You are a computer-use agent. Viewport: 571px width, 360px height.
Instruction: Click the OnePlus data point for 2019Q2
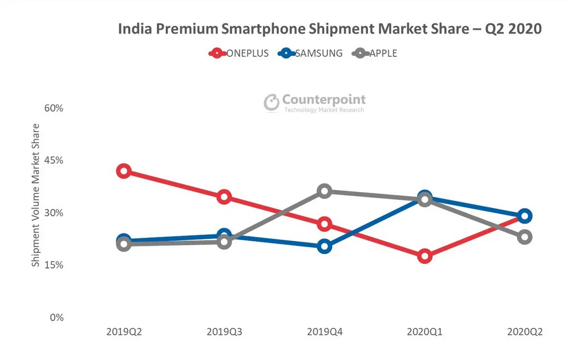tap(124, 171)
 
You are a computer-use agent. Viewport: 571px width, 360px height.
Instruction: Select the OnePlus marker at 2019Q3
tap(224, 197)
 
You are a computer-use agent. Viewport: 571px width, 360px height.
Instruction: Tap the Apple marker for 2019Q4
tap(325, 191)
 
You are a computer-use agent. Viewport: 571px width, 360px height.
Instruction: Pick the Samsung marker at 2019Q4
tap(325, 246)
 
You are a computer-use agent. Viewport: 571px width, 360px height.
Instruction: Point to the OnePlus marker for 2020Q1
tap(425, 256)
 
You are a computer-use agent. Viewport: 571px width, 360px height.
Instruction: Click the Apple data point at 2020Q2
tap(525, 237)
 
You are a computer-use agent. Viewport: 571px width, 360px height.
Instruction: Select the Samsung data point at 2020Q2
tap(525, 216)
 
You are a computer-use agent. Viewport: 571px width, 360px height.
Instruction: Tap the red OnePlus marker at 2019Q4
tap(325, 224)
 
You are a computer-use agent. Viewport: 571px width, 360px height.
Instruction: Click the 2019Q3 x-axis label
tap(224, 332)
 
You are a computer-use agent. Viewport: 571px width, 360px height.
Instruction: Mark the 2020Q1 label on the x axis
tap(425, 332)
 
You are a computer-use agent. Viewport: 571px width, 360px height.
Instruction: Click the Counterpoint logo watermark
tap(315, 103)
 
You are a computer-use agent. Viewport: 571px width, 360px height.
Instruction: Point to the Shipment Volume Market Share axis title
tap(36, 195)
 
